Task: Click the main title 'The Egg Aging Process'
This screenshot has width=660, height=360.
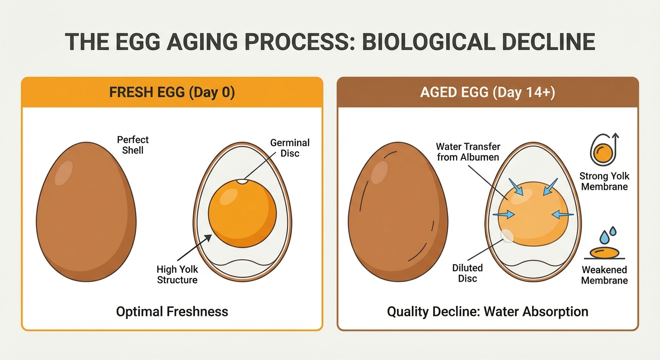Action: pyautogui.click(x=330, y=41)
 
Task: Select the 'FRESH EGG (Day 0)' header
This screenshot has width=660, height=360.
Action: pyautogui.click(x=172, y=92)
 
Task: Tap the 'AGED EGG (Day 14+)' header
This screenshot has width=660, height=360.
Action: pyautogui.click(x=487, y=92)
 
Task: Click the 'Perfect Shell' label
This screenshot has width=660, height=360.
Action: pyautogui.click(x=133, y=144)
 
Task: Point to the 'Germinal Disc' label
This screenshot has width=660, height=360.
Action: pyautogui.click(x=290, y=148)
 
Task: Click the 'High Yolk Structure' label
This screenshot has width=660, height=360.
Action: pyautogui.click(x=177, y=275)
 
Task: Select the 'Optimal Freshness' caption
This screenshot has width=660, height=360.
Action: pyautogui.click(x=172, y=311)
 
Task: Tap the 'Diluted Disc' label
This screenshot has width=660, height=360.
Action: pyautogui.click(x=467, y=273)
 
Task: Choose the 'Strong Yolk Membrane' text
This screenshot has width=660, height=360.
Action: pyautogui.click(x=604, y=181)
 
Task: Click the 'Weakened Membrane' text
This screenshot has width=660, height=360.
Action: pyautogui.click(x=604, y=275)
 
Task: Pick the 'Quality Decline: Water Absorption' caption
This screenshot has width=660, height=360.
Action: pyautogui.click(x=487, y=311)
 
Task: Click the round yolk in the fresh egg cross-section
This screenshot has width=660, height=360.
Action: pyautogui.click(x=242, y=213)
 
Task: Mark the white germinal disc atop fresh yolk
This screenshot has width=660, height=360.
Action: pyautogui.click(x=242, y=181)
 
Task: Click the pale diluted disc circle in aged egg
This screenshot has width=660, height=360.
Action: pyautogui.click(x=507, y=236)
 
